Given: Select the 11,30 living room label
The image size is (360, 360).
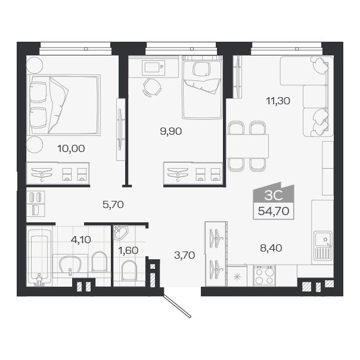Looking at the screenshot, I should click(x=278, y=101).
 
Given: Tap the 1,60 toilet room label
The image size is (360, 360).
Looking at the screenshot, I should click(x=128, y=250).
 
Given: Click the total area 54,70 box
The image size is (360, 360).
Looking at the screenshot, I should click(x=274, y=211).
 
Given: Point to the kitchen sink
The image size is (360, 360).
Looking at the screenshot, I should click(x=322, y=244).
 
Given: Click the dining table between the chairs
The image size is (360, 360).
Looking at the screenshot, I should click(x=247, y=146).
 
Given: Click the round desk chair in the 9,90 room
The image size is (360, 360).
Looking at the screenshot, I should click(x=151, y=87).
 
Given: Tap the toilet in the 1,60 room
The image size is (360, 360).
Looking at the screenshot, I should click(x=129, y=272).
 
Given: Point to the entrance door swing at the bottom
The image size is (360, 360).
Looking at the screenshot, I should click(x=177, y=303).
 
